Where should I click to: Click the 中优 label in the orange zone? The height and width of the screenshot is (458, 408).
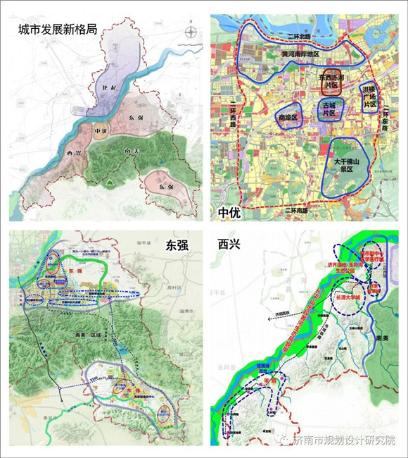pyautogui.click(x=101, y=131)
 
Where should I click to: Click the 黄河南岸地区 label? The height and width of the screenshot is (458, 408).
pyautogui.click(x=300, y=54)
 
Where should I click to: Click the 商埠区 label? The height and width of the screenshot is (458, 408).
pyautogui.click(x=289, y=117)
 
